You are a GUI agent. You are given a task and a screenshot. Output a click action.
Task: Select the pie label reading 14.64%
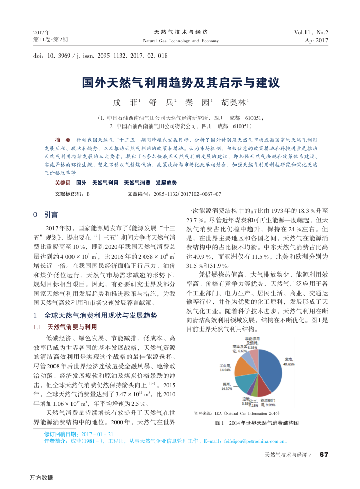click(225, 369)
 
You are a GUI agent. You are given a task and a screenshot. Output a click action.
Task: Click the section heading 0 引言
click(46, 214)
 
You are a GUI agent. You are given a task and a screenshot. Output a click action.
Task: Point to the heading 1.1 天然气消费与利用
click(65, 327)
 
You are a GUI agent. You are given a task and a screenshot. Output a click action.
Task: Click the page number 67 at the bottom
click(323, 454)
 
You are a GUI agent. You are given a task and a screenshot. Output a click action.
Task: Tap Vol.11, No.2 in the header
click(311, 32)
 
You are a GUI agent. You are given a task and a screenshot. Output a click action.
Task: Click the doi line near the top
click(100, 55)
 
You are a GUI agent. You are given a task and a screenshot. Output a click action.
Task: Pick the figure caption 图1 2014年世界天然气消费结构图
click(256, 423)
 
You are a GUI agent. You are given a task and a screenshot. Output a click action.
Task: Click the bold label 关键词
click(62, 183)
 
